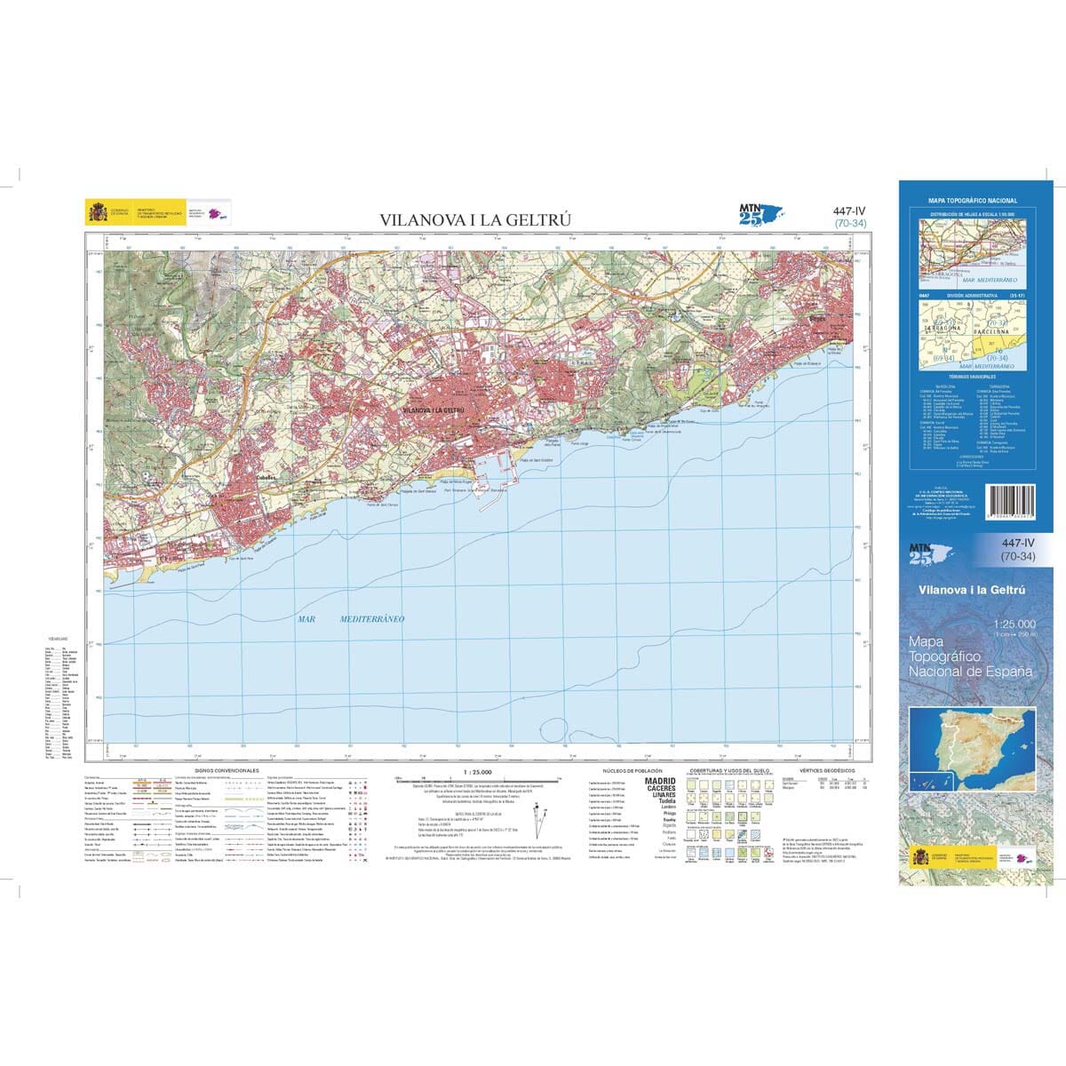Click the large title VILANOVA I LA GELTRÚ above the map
point(475,219)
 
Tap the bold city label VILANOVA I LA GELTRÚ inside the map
point(434,411)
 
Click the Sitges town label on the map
point(817,314)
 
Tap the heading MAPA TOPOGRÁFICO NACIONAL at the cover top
point(973,202)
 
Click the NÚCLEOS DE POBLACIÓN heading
point(632,770)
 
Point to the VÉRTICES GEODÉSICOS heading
point(827,770)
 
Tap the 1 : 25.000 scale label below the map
point(476,771)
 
